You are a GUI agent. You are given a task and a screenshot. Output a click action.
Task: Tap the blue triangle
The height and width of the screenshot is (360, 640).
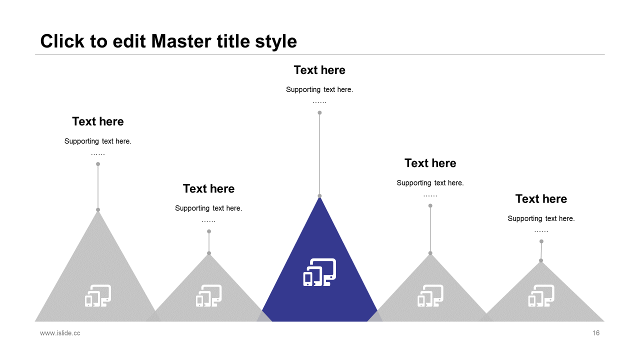320,295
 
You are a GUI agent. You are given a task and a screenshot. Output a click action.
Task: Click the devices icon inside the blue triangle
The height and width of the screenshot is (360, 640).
319,272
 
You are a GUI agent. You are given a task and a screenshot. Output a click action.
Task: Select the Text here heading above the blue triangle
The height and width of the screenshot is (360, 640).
319,70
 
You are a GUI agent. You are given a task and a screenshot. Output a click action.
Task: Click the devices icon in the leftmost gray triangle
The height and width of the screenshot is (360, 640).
98,295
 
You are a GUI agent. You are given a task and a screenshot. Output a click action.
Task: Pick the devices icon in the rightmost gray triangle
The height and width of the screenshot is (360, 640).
541,295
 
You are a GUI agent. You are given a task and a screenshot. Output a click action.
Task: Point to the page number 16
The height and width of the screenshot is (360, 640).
596,333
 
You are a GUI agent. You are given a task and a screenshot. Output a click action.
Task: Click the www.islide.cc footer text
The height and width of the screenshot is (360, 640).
60,333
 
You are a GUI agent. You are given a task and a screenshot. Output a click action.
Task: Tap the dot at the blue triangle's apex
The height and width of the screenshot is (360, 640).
319,196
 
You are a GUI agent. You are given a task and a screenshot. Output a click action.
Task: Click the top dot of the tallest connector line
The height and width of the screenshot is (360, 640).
319,112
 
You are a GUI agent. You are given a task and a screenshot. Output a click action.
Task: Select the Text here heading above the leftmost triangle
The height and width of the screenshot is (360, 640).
98,121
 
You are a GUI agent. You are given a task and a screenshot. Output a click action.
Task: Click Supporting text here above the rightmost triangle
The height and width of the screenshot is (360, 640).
541,218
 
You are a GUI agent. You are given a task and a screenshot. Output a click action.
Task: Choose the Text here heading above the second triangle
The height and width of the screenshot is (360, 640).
208,188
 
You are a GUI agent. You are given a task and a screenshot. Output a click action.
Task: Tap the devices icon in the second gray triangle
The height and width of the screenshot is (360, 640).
209,295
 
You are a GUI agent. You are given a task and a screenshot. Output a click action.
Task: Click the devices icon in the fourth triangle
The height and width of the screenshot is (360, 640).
430,295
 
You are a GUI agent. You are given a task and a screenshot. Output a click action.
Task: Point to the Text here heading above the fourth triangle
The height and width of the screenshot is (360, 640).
430,163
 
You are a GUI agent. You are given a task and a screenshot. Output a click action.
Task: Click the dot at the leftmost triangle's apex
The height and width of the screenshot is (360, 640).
98,209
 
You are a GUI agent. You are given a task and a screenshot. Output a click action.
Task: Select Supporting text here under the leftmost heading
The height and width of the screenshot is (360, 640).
98,141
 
